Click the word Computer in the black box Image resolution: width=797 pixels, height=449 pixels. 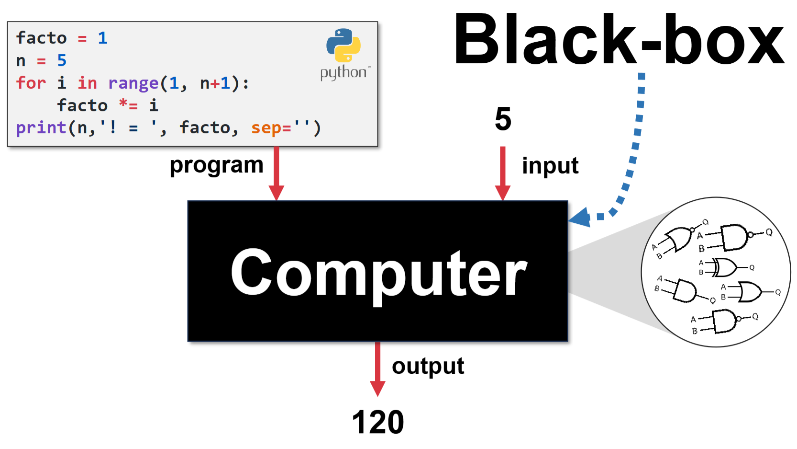378,274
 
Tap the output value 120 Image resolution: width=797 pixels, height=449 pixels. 377,422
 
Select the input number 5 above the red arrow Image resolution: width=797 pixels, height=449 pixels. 503,119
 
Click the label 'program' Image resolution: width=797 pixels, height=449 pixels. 216,165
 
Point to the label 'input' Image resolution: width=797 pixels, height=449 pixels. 550,166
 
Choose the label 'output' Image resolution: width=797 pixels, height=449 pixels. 428,367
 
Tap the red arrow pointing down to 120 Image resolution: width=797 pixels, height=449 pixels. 377,369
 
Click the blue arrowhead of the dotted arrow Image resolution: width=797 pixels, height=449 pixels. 580,218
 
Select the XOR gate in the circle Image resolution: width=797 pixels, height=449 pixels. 724,267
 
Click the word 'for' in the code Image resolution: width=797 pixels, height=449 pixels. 31,83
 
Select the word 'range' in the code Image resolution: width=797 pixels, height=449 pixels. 133,83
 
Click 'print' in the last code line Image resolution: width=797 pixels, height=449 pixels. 41,128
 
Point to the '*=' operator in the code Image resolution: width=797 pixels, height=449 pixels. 128,105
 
